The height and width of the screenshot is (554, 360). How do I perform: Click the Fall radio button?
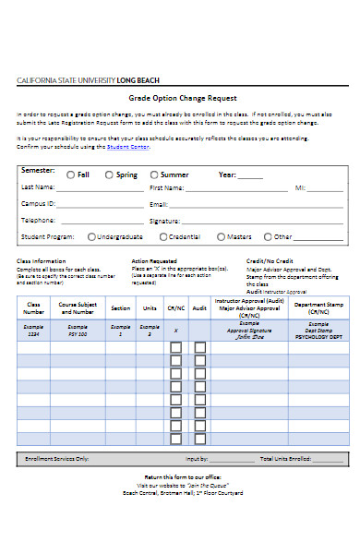[x=71, y=174]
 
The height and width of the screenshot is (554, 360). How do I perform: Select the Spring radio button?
[x=109, y=174]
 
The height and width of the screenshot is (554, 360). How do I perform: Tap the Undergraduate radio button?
[x=90, y=236]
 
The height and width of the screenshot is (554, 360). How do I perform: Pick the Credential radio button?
[x=165, y=236]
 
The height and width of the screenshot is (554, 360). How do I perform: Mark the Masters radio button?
[x=220, y=236]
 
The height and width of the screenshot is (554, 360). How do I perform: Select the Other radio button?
[x=268, y=236]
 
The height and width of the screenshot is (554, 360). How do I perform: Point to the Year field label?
[x=227, y=174]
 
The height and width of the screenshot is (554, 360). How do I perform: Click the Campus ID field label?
[x=38, y=203]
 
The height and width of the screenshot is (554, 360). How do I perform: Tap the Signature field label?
[x=163, y=221]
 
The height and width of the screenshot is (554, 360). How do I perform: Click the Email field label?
[x=158, y=203]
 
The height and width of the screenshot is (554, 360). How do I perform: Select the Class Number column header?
[x=34, y=307]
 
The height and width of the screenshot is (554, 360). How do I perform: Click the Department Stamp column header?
[x=318, y=307]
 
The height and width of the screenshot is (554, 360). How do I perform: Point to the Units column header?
[x=150, y=308]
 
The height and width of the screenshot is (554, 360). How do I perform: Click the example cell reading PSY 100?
[x=78, y=334]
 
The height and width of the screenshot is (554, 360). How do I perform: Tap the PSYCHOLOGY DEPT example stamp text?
[x=318, y=337]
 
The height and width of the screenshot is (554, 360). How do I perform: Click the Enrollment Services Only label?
[x=57, y=458]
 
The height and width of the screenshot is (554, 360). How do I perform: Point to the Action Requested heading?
[x=153, y=260]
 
